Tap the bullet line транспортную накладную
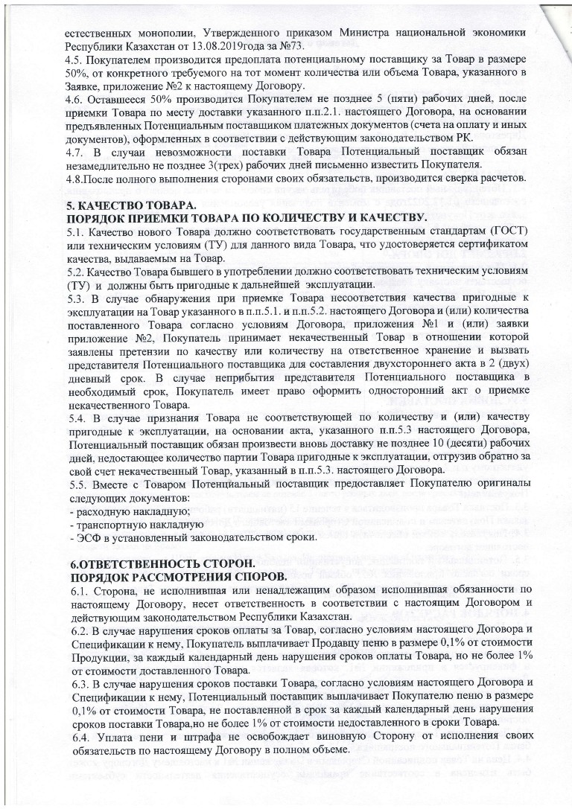pos(130,524)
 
